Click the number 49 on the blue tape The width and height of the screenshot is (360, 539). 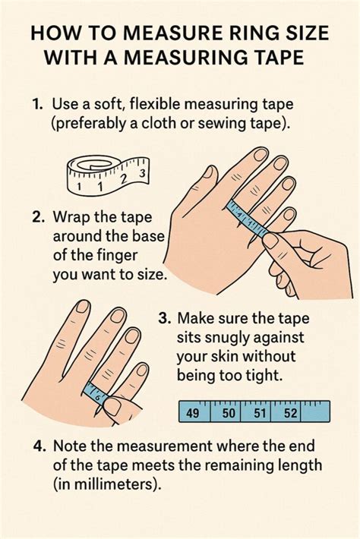coord(192,412)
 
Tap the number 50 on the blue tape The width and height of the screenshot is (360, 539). coord(229,412)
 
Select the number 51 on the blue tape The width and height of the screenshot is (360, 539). coord(260,412)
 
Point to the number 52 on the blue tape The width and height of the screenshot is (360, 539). coord(290,412)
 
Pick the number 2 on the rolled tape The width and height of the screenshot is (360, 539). coord(124,179)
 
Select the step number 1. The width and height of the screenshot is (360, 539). coord(37,104)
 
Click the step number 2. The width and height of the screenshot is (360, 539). coord(36,218)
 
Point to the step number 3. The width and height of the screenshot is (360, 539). coord(165,318)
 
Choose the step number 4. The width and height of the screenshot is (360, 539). coord(40,446)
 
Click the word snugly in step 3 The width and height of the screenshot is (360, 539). coord(227,339)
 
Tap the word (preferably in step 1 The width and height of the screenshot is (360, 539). coord(88,124)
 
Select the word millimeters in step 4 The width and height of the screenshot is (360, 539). coord(113,484)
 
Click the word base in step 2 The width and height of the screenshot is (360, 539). coord(148,237)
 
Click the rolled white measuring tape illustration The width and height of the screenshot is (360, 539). coord(108,175)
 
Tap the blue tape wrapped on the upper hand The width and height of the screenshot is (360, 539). coord(248,219)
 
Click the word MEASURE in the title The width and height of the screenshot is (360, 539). coord(164,34)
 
